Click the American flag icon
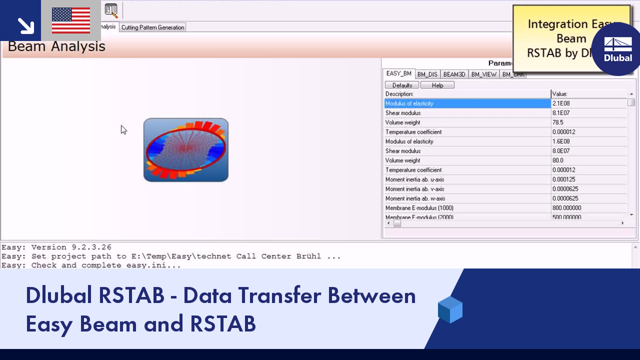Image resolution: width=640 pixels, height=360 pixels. point(71,20)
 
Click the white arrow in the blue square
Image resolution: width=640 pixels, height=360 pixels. point(25,25)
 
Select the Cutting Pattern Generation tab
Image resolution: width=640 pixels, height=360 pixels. point(152,27)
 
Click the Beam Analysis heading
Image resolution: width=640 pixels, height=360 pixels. point(56,46)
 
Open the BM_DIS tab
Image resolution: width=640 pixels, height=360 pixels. point(427,74)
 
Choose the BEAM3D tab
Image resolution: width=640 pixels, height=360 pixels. point(454,74)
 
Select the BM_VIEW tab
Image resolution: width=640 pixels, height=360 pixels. point(483,74)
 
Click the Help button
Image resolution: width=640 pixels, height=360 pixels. point(437,85)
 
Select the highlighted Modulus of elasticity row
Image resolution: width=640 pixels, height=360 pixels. point(467,103)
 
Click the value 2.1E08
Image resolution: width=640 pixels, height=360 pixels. point(561,103)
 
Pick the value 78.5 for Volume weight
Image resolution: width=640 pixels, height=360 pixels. point(557,122)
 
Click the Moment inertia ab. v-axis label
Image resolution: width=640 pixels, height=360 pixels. point(414,189)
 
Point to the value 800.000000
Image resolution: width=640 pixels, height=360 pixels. point(566,208)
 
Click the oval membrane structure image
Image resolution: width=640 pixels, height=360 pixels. point(186,150)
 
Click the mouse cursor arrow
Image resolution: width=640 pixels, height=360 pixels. point(123,129)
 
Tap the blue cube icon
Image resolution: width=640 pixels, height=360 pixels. point(450,309)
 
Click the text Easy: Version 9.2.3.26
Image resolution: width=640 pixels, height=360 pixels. point(56,247)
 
